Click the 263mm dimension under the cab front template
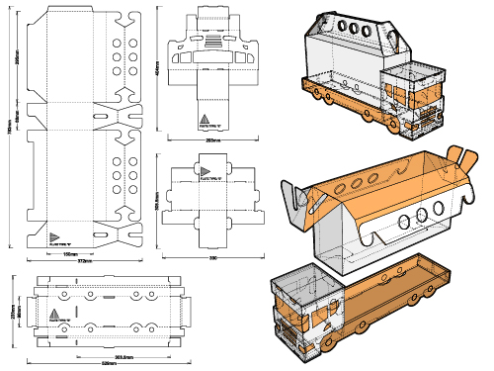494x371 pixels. [x=212, y=140]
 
